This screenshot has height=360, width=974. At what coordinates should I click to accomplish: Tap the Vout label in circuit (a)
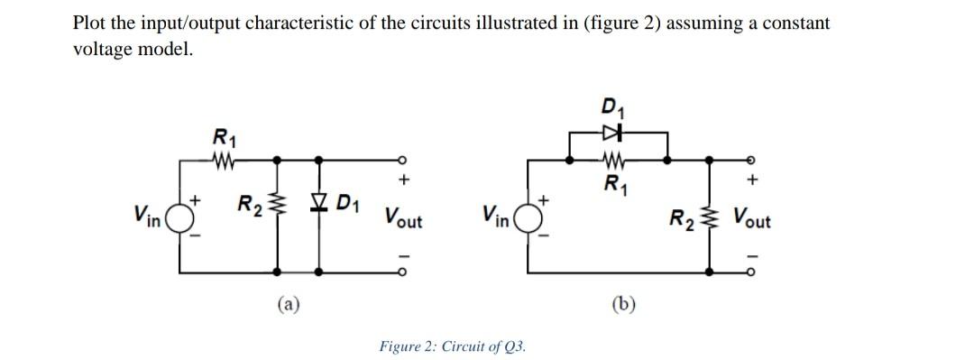point(403,217)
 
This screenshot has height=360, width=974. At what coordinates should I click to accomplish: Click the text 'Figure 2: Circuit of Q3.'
point(453,346)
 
